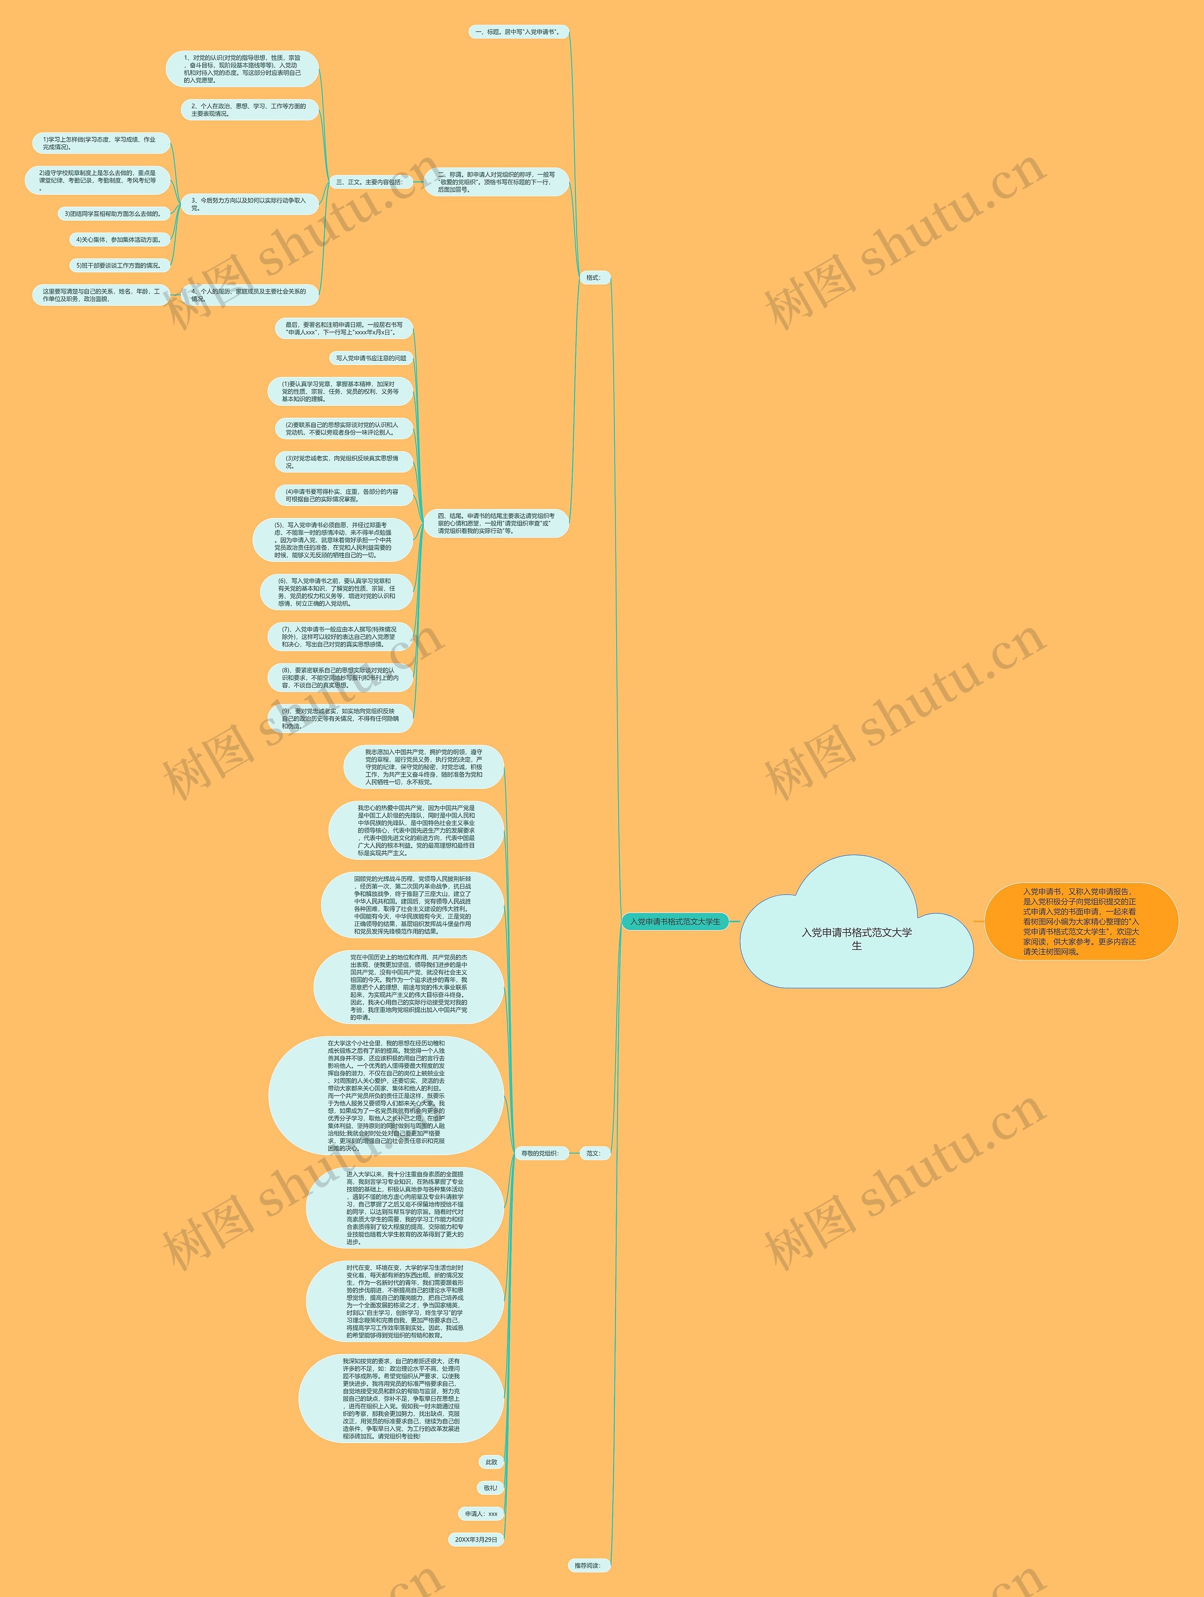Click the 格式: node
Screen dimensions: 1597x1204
[594, 277]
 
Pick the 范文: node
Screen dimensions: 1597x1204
[594, 1153]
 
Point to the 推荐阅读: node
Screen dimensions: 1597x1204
[587, 1565]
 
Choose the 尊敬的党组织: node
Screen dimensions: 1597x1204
[540, 1153]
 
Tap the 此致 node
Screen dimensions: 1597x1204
[491, 1462]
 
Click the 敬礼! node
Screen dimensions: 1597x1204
[490, 1488]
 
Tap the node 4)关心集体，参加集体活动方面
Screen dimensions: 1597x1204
[119, 239]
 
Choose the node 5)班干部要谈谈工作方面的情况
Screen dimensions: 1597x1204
[119, 265]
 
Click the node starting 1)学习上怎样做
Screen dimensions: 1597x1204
[100, 143]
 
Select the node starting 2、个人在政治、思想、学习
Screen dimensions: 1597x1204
[249, 110]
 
